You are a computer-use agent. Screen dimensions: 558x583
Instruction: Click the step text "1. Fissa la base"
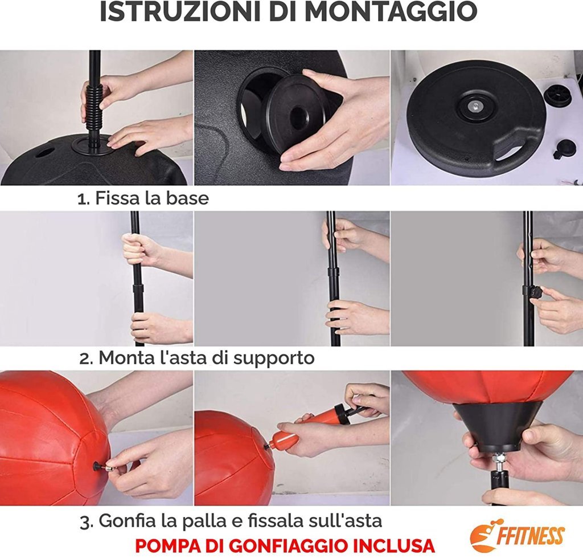coord(143,198)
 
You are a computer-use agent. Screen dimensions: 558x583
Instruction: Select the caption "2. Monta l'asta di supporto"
coord(196,358)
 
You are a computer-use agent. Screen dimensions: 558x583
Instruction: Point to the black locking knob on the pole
coord(535,292)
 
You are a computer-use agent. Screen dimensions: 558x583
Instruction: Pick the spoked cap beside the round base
coord(558,96)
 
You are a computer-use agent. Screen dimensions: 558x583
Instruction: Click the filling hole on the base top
coord(44,153)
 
